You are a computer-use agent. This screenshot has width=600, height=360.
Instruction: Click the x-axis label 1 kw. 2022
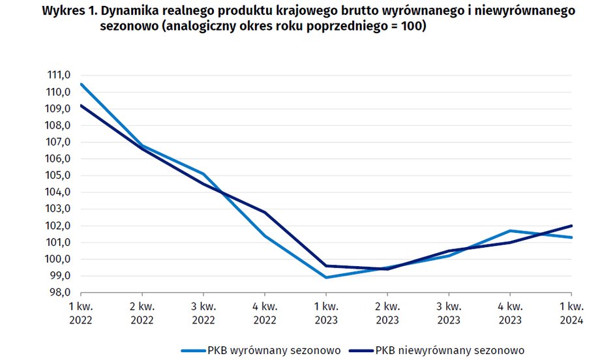point(81,312)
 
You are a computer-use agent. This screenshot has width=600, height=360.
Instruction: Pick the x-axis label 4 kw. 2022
point(265,312)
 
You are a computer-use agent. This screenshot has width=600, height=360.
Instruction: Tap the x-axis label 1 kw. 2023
point(326,312)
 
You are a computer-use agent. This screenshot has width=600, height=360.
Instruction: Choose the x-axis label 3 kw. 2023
point(449,312)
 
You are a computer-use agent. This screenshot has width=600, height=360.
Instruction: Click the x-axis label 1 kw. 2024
point(571,312)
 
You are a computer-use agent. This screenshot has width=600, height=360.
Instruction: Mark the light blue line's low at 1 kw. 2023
point(326,277)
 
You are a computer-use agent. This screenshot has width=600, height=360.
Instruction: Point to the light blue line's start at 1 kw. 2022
point(81,83)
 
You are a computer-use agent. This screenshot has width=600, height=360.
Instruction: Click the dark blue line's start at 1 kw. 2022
point(81,105)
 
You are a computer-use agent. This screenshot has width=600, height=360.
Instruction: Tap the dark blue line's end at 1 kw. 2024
point(571,226)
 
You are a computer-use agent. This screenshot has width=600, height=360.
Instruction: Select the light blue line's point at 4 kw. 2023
point(510,231)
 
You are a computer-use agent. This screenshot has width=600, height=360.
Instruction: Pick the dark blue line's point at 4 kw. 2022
point(265,213)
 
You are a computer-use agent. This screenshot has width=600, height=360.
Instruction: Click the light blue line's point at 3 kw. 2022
point(203,173)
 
